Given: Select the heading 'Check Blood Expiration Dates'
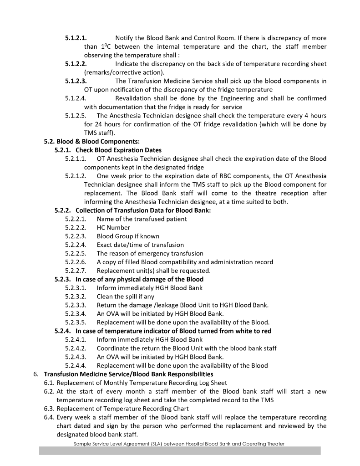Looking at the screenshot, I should click(118, 150).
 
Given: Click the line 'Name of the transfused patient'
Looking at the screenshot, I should click(142, 219).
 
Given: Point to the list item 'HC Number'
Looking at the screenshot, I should click(113, 227).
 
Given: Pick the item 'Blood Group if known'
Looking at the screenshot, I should click(128, 236).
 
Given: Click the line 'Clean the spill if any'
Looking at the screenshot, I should click(125, 297).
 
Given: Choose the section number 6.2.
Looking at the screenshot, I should click(50, 391).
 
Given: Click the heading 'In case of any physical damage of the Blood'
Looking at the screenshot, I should click(139, 279).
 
